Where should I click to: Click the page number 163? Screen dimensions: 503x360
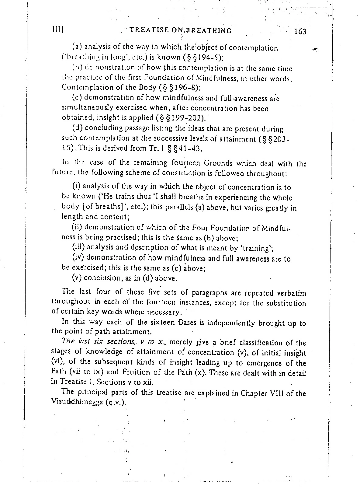coord(300,32)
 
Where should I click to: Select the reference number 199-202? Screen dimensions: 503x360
coord(189,117)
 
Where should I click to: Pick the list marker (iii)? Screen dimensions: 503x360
coord(78,247)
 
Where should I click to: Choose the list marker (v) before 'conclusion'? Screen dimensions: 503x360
coord(77,278)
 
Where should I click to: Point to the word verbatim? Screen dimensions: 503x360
coord(291,294)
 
